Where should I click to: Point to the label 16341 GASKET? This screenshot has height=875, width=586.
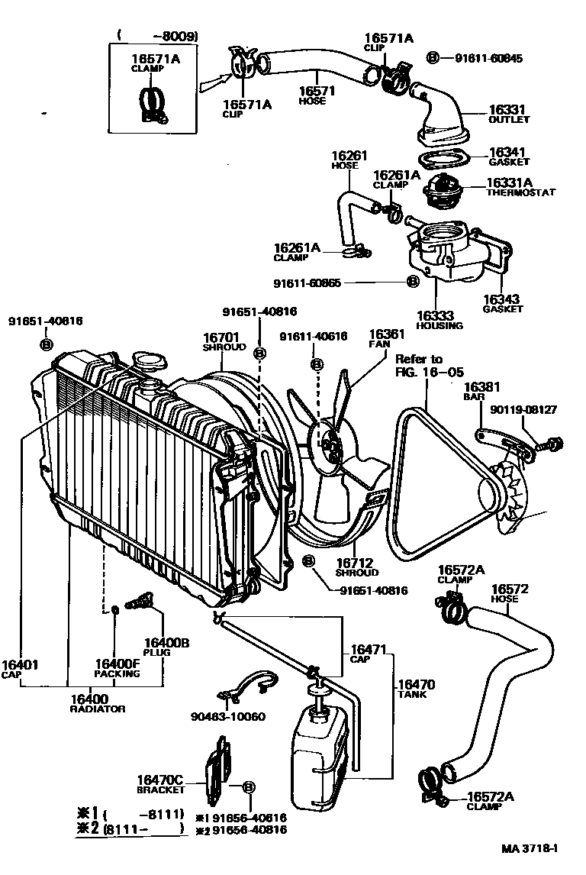click(x=509, y=157)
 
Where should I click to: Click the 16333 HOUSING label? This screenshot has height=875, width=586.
click(x=439, y=319)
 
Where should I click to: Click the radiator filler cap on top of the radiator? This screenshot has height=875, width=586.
click(x=147, y=360)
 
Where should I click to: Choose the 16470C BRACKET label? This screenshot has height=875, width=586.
click(x=160, y=783)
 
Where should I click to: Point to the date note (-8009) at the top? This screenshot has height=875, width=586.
click(x=159, y=35)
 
